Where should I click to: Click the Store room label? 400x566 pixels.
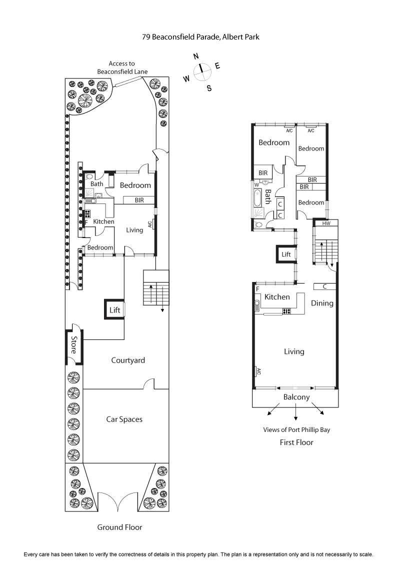pyautogui.click(x=74, y=344)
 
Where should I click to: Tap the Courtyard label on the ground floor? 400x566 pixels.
pyautogui.click(x=128, y=360)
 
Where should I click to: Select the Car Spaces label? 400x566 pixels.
pyautogui.click(x=124, y=419)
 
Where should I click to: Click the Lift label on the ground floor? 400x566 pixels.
pyautogui.click(x=115, y=310)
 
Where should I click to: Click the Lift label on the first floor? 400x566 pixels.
pyautogui.click(x=286, y=254)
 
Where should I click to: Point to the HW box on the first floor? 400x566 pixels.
pyautogui.click(x=326, y=223)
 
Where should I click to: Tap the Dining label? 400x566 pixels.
pyautogui.click(x=322, y=303)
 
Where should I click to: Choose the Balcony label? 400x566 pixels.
pyautogui.click(x=296, y=397)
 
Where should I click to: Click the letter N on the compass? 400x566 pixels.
pyautogui.click(x=196, y=56)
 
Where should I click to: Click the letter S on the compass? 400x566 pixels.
pyautogui.click(x=209, y=88)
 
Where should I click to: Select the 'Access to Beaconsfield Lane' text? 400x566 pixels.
pyautogui.click(x=122, y=67)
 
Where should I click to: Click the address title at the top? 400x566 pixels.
pyautogui.click(x=200, y=37)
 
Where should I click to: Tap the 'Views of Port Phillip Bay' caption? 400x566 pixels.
pyautogui.click(x=297, y=430)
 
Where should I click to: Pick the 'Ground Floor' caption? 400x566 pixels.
pyautogui.click(x=120, y=527)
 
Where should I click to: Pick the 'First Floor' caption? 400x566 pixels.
pyautogui.click(x=296, y=442)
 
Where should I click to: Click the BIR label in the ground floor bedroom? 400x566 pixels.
pyautogui.click(x=139, y=200)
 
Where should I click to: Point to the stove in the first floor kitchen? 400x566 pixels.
pyautogui.click(x=286, y=311)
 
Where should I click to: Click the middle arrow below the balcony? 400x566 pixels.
pyautogui.click(x=296, y=412)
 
